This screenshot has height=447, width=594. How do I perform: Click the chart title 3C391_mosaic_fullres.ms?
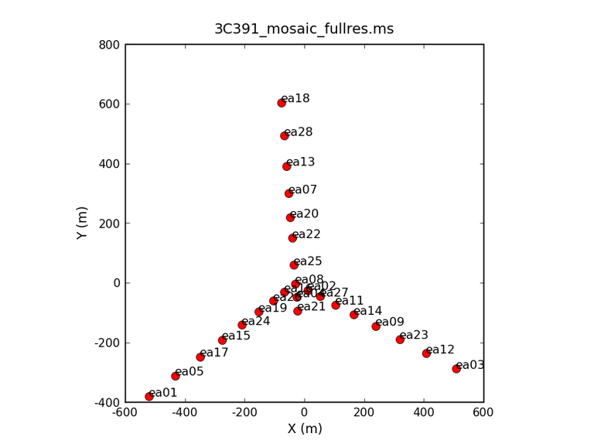point(304,29)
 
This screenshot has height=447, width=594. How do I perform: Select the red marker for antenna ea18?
point(282,103)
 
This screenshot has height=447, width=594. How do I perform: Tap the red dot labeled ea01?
point(149,397)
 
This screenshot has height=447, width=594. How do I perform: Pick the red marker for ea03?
point(456,369)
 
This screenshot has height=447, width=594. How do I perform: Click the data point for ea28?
point(285,135)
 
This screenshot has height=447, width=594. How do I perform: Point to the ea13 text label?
point(300,162)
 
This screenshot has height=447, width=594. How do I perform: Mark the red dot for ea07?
point(289,193)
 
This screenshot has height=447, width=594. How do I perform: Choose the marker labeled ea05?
point(176,376)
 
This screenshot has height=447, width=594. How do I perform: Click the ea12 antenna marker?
point(426,353)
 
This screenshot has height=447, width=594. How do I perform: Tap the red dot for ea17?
point(200,357)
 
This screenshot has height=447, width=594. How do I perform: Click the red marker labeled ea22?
point(292,238)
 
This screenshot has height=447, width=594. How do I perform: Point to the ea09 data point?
point(376,326)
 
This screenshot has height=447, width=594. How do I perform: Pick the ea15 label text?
point(236,336)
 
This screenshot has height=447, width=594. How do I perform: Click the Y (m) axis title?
point(82,223)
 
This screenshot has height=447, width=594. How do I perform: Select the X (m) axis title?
point(304,428)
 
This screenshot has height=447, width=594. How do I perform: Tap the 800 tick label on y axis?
point(109,45)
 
